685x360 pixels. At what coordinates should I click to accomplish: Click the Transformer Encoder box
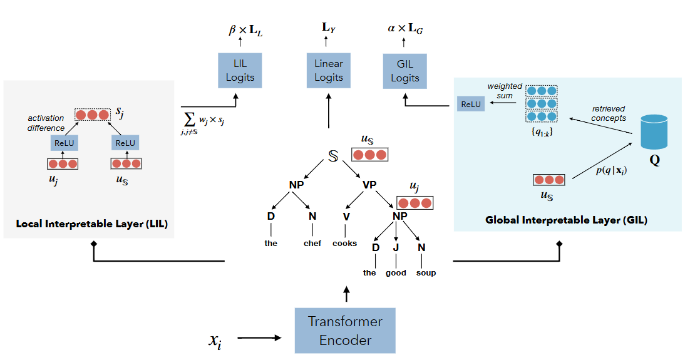[x=345, y=331]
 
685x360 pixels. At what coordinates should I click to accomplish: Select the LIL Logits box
[x=240, y=70]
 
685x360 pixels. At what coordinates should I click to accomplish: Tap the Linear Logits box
[x=329, y=70]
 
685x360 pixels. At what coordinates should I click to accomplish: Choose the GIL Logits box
[x=404, y=70]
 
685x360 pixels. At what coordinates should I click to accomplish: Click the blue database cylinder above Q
[x=654, y=132]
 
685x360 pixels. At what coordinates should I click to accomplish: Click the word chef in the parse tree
[x=312, y=243]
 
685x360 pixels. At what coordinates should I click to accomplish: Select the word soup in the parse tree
[x=426, y=272]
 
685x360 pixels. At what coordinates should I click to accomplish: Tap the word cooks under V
[x=344, y=243]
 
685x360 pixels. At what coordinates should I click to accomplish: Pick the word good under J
[x=396, y=272]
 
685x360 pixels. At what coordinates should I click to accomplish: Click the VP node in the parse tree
[x=370, y=185]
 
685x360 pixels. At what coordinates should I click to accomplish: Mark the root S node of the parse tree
[x=333, y=156]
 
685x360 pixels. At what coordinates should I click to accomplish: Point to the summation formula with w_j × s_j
[x=201, y=122]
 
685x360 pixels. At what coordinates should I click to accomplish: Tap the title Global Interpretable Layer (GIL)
[x=566, y=220]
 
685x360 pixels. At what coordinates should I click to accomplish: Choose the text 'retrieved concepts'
[x=608, y=113]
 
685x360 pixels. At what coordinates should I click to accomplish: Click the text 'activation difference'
[x=46, y=123]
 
